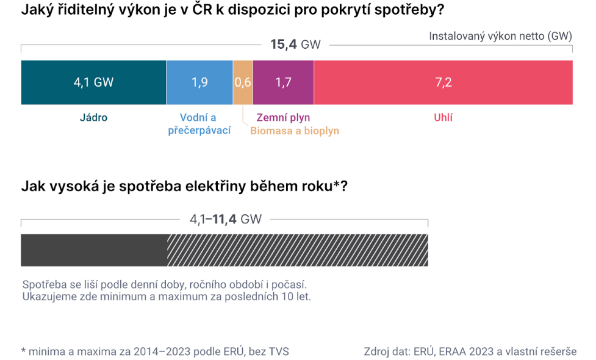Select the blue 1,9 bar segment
tap(199, 82)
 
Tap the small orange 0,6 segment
tap(243, 82)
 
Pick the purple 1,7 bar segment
tap(283, 82)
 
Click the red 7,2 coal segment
tap(443, 82)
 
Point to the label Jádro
tap(93, 118)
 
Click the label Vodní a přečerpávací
tap(199, 124)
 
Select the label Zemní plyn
tap(283, 118)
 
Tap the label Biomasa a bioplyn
tap(295, 131)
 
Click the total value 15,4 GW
tap(295, 45)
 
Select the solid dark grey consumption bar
tap(94, 250)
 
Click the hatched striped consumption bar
tap(298, 250)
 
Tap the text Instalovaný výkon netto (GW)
tap(500, 36)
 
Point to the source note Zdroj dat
tap(470, 351)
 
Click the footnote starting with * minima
tap(155, 351)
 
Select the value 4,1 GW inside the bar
tap(93, 82)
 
